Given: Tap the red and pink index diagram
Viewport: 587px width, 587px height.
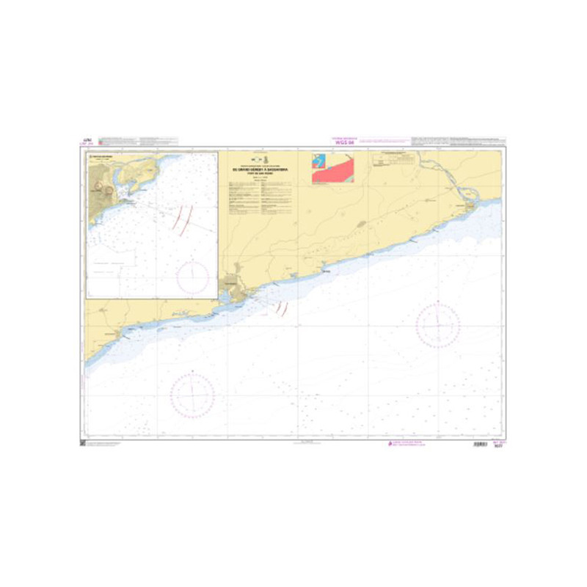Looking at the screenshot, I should pyautogui.click(x=332, y=167).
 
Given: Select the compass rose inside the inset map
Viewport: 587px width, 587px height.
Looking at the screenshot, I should pyautogui.click(x=192, y=276).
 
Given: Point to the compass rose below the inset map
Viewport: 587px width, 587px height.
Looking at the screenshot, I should pyautogui.click(x=192, y=393).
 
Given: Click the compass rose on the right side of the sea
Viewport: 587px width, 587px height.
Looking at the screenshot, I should pyautogui.click(x=438, y=325).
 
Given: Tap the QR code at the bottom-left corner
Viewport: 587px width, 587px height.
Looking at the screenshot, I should pyautogui.click(x=82, y=444).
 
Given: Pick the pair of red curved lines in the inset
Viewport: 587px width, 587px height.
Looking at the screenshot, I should pyautogui.click(x=183, y=219).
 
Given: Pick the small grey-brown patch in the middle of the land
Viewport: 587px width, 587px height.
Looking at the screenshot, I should pyautogui.click(x=361, y=224).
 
